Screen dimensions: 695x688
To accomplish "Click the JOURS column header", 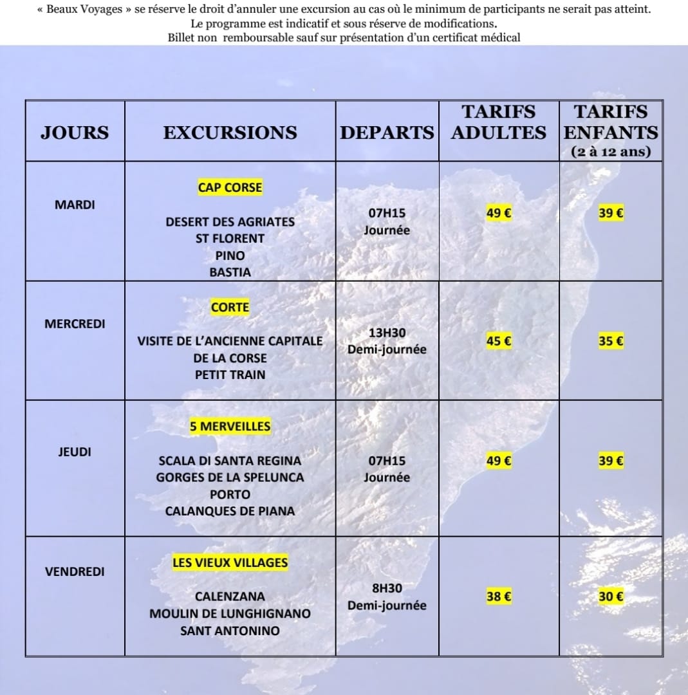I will pyautogui.click(x=75, y=133).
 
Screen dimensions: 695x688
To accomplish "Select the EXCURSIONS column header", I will pyautogui.click(x=230, y=133).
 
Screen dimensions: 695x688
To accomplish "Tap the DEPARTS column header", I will pyautogui.click(x=387, y=133).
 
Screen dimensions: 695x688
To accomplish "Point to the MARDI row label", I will pyautogui.click(x=75, y=205).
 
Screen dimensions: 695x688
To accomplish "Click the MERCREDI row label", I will pyautogui.click(x=75, y=324).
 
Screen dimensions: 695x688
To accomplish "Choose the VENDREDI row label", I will pyautogui.click(x=75, y=571).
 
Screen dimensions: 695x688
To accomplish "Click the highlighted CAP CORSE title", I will pyautogui.click(x=230, y=188).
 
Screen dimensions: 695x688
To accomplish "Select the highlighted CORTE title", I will pyautogui.click(x=230, y=308).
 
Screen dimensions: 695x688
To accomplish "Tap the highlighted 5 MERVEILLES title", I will pyautogui.click(x=230, y=427).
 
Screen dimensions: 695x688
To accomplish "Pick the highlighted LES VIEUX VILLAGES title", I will pyautogui.click(x=230, y=563).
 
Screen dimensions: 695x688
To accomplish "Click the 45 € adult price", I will pyautogui.click(x=499, y=342).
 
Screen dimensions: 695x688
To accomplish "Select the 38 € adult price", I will pyautogui.click(x=499, y=597).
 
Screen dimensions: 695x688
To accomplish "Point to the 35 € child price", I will pyautogui.click(x=610, y=342).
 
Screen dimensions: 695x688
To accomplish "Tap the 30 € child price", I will pyautogui.click(x=610, y=597).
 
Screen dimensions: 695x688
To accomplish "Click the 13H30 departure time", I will pyautogui.click(x=387, y=333).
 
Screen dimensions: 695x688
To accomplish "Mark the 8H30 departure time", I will pyautogui.click(x=387, y=588).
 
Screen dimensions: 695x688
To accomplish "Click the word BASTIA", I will pyautogui.click(x=230, y=272).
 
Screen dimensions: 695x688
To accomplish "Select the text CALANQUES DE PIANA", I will pyautogui.click(x=230, y=512).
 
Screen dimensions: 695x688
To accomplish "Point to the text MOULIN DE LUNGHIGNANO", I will pyautogui.click(x=230, y=614).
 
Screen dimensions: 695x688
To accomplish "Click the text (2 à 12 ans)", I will pyautogui.click(x=610, y=153).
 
